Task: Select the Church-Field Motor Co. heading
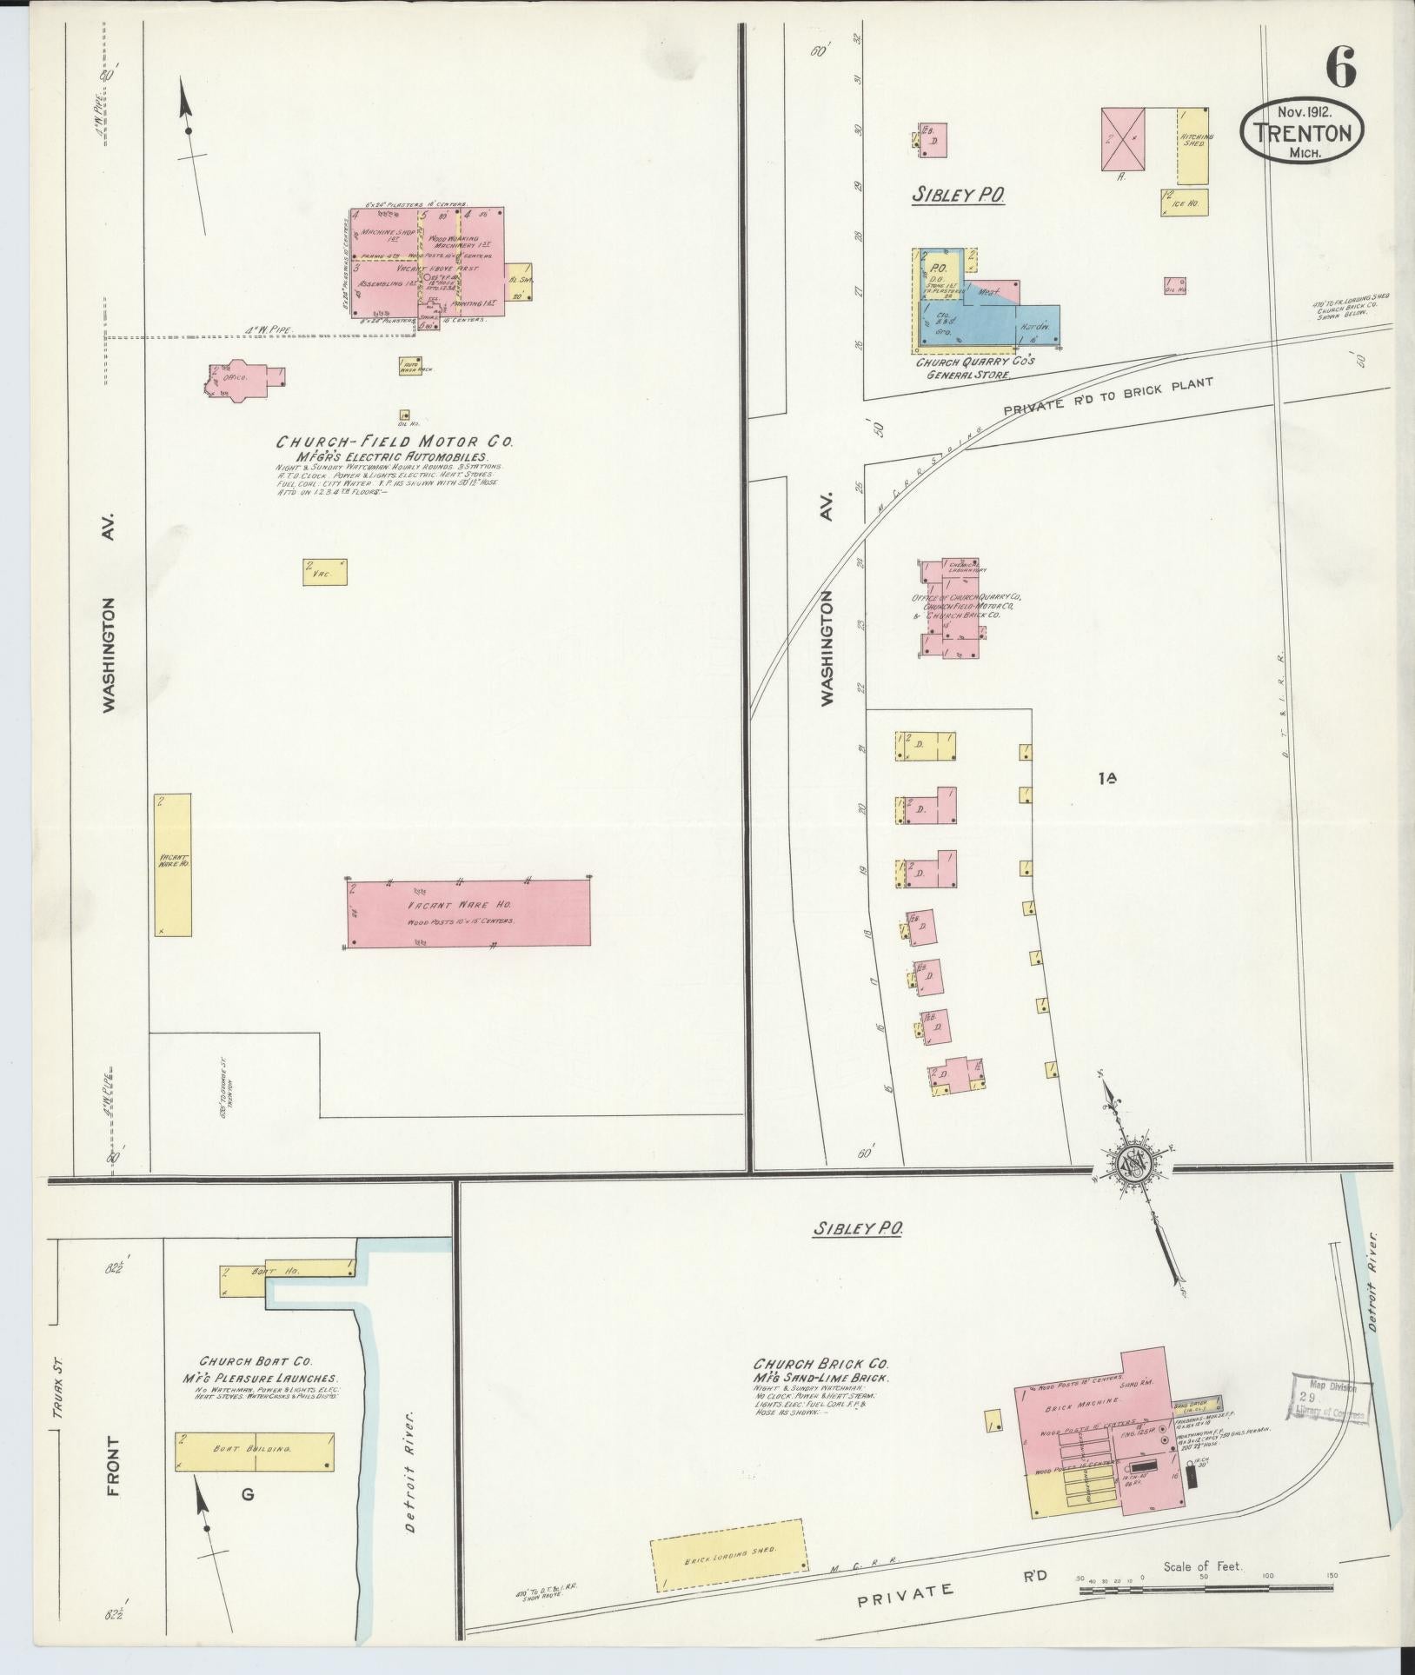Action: coord(395,442)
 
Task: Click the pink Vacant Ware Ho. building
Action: coord(468,913)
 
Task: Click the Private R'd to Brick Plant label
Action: coord(1106,395)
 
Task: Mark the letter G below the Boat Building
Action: coord(248,1495)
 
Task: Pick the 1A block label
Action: coord(1106,780)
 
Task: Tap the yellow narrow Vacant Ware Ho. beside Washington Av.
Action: coord(173,864)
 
